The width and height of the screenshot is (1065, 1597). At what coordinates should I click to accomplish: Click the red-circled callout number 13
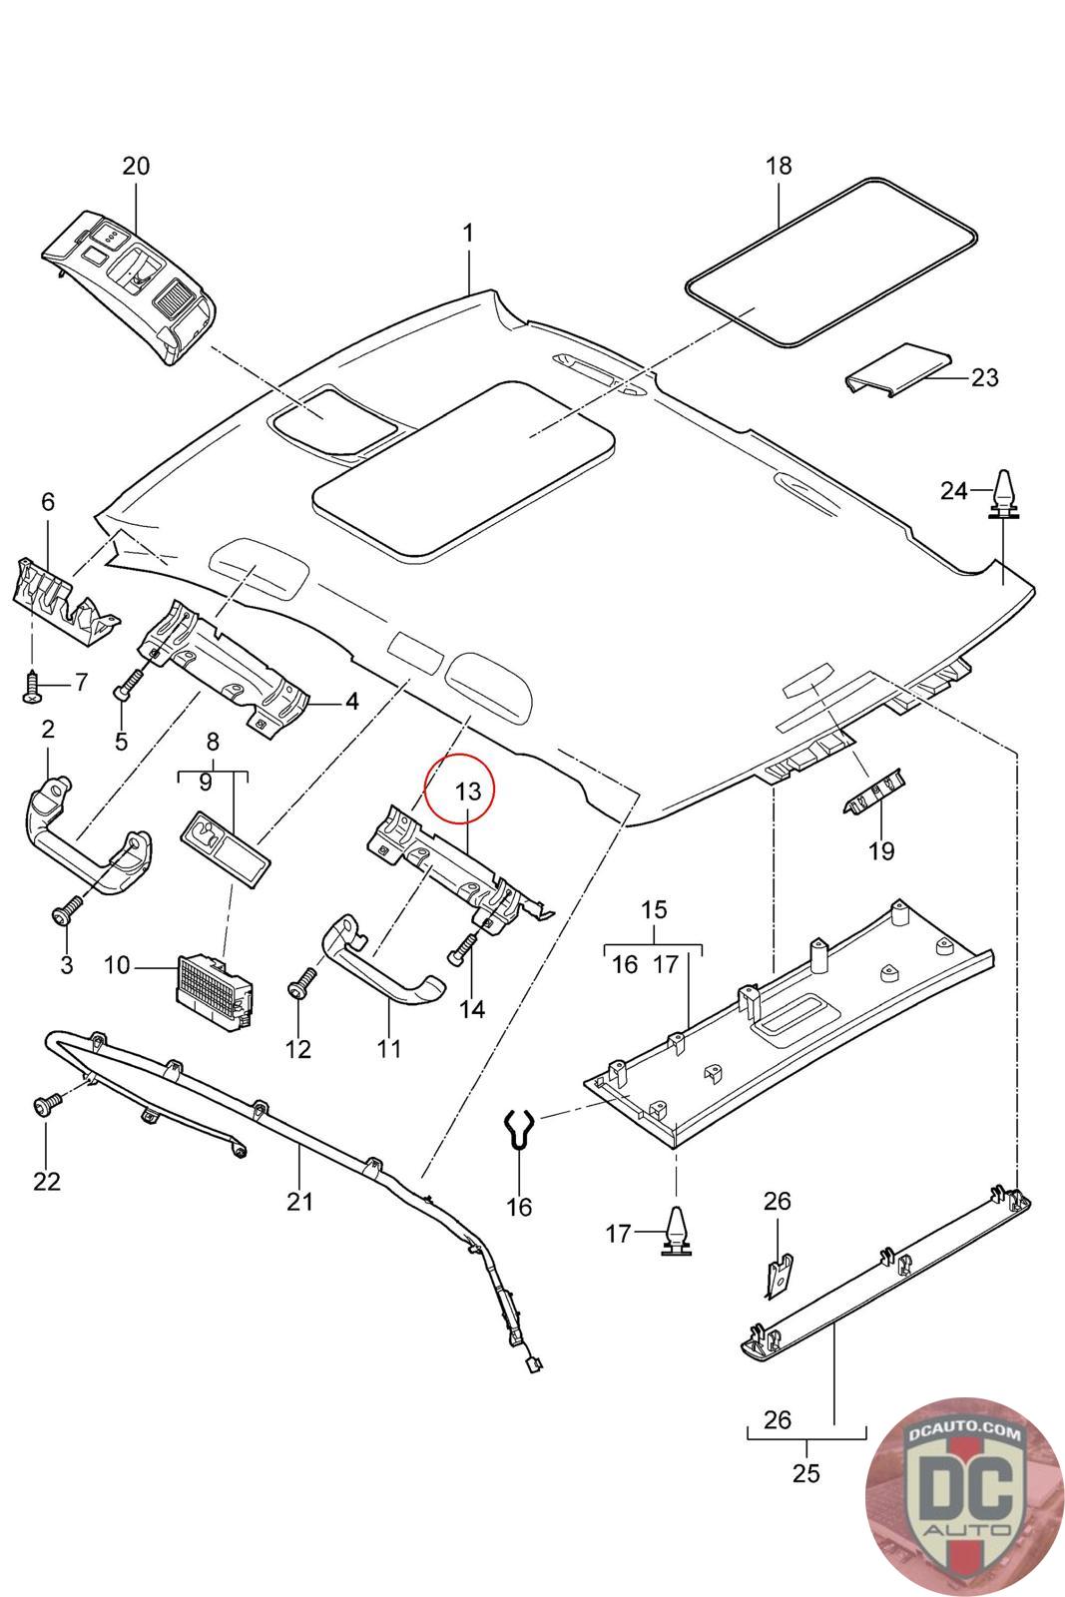point(468,792)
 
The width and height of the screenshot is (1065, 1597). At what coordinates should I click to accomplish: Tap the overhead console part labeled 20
point(130,282)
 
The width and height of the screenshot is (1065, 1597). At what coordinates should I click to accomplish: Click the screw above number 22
point(46,1104)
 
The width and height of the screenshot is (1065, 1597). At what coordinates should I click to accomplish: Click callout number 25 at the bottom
point(805,1472)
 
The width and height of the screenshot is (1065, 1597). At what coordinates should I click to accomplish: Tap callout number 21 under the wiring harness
point(299,1201)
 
